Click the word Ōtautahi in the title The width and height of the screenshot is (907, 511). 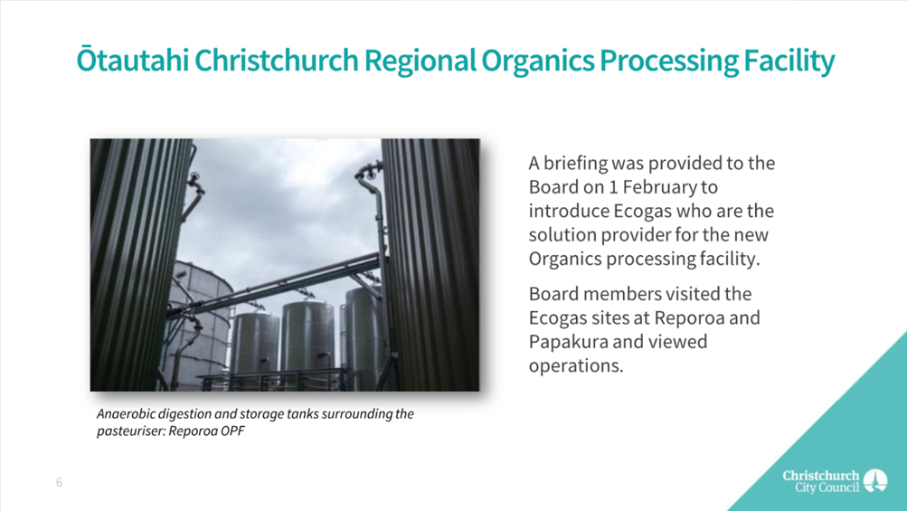132,61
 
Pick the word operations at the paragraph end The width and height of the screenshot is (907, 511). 576,366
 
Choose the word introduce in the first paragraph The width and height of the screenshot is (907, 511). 568,212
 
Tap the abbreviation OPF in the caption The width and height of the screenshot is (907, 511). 233,431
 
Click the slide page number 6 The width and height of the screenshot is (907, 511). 59,483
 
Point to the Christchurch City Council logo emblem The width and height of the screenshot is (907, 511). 875,481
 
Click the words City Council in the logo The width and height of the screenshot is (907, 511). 827,487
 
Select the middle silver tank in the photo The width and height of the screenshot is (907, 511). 307,338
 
